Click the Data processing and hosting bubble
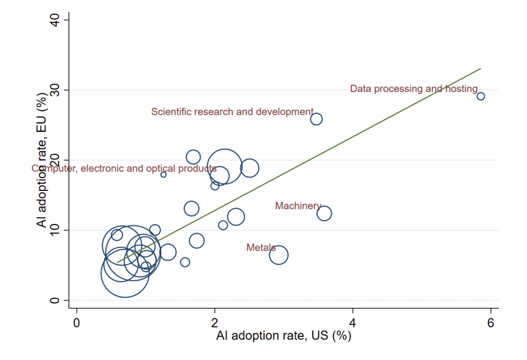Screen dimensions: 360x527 [x=481, y=96]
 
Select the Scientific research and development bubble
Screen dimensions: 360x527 [x=316, y=119]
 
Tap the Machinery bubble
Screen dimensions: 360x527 [x=324, y=213]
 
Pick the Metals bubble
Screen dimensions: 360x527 [x=278, y=255]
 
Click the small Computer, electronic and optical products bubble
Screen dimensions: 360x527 [x=163, y=175]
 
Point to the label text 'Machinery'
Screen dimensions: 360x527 [x=298, y=206]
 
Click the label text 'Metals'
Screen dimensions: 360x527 [x=260, y=248]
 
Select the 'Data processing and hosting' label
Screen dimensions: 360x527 [x=414, y=89]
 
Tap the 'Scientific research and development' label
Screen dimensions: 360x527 [x=232, y=112]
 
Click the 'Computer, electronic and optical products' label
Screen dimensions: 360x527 [x=124, y=168]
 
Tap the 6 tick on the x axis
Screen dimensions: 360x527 [x=490, y=322]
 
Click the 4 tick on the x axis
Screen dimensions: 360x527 [x=353, y=322]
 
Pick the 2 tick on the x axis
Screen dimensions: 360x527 [x=215, y=322]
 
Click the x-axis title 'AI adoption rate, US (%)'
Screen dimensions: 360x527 [x=284, y=336]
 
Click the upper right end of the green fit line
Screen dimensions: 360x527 [x=481, y=69]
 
